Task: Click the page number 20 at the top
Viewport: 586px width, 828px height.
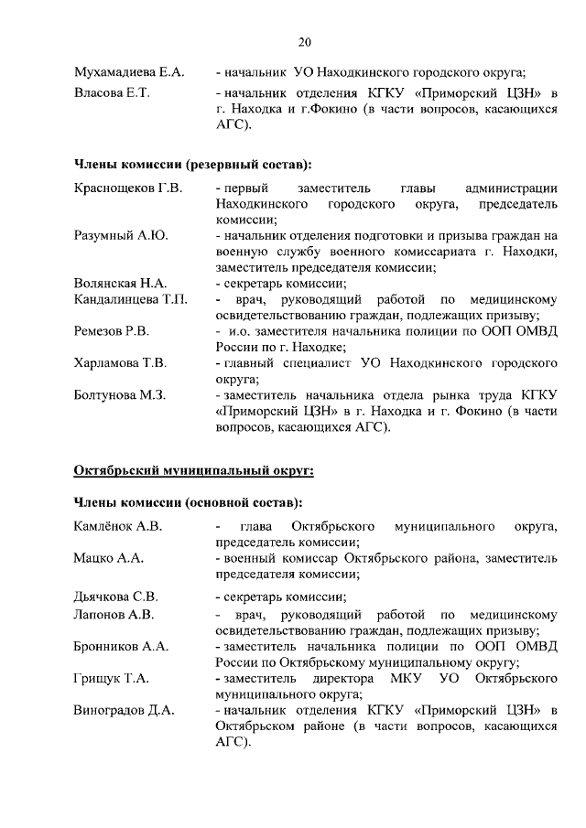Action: click(305, 41)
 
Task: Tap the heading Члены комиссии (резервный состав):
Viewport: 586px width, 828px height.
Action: click(191, 165)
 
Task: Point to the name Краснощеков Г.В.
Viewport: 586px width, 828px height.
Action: click(128, 188)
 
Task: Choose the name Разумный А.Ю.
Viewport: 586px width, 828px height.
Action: click(121, 235)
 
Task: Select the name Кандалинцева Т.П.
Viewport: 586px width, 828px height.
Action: click(130, 299)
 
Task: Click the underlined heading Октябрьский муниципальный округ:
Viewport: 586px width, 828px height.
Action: click(193, 471)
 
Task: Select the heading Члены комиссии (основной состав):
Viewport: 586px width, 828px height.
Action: click(188, 503)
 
